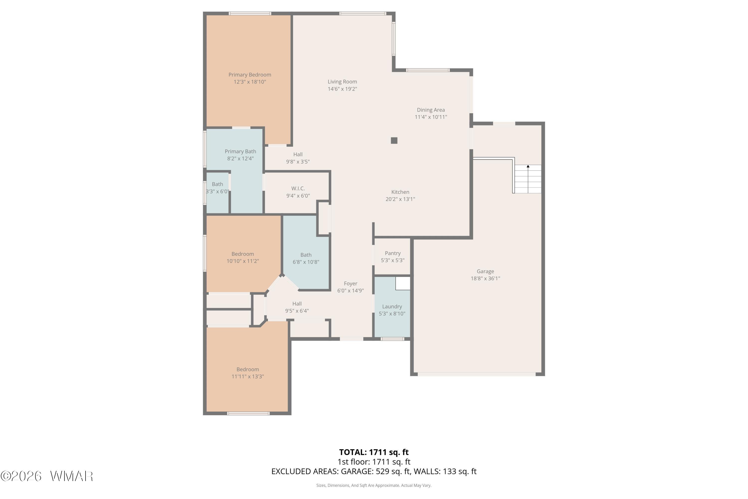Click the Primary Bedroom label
point(250,75)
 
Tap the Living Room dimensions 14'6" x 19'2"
point(342,89)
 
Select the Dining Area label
point(431,110)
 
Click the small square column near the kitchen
point(394,140)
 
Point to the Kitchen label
point(400,192)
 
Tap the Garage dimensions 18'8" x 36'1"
point(485,278)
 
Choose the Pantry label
point(392,253)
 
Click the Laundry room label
point(392,306)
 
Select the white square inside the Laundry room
point(403,283)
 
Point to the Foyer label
point(351,283)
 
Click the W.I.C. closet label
point(298,188)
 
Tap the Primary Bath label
point(240,151)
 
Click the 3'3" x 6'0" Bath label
point(217,188)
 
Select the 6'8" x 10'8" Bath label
point(306,258)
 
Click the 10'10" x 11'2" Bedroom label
point(243,257)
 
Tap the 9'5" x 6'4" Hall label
point(297,307)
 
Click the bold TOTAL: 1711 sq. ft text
point(374,452)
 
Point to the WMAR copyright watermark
point(47,476)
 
